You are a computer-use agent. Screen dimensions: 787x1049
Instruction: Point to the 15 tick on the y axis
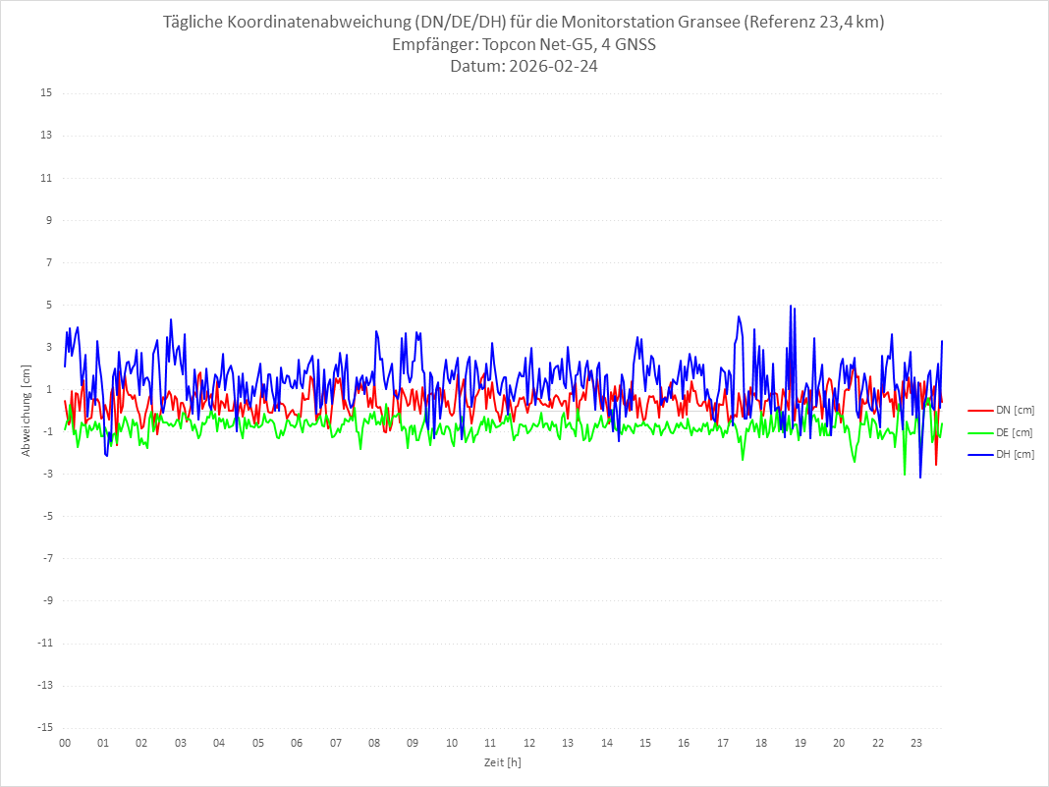coord(46,93)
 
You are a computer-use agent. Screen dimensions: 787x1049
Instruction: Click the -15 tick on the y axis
coord(44,728)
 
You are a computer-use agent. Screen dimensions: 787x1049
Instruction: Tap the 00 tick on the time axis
coord(65,743)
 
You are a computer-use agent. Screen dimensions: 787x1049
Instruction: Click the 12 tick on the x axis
coord(529,743)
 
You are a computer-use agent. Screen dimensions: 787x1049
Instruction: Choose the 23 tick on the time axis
coord(916,743)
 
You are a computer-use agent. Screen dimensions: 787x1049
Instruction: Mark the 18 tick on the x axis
coord(761,743)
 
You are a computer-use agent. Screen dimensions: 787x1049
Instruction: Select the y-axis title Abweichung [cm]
coord(27,411)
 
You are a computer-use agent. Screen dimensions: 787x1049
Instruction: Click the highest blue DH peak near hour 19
coord(791,307)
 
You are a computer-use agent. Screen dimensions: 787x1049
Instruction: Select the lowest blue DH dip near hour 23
coord(920,478)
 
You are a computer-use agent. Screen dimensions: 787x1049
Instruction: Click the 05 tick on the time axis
coord(258,743)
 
